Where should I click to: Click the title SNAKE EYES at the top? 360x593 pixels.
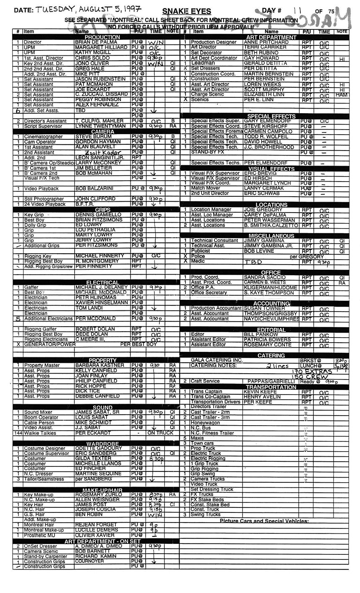click(187, 11)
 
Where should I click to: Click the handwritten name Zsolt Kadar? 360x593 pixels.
click(102, 153)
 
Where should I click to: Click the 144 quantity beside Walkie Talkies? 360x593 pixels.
click(18, 433)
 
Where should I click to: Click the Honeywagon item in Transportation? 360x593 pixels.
click(206, 423)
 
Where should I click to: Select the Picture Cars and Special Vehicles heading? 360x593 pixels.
click(264, 521)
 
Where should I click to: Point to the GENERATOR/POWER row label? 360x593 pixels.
click(50, 344)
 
